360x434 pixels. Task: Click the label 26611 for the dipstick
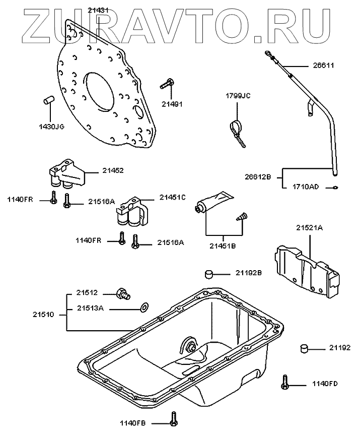point(324,66)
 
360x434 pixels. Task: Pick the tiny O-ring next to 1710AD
point(335,188)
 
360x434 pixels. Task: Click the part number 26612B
point(258,176)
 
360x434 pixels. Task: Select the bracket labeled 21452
point(67,173)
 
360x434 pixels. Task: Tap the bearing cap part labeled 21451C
point(132,212)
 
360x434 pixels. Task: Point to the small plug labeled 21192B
point(209,274)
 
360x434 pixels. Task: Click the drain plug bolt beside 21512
point(123,294)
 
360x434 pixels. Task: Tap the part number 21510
point(43,315)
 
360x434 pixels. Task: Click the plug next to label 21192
point(304,348)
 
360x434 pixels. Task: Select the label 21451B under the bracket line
point(223,246)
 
